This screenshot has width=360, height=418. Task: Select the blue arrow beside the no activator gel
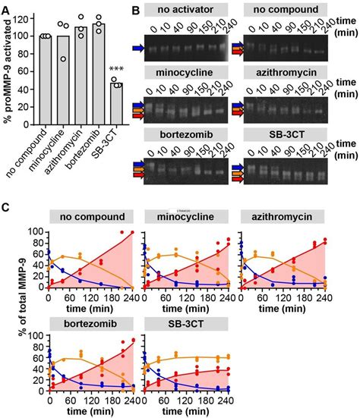pyautogui.click(x=152, y=48)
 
